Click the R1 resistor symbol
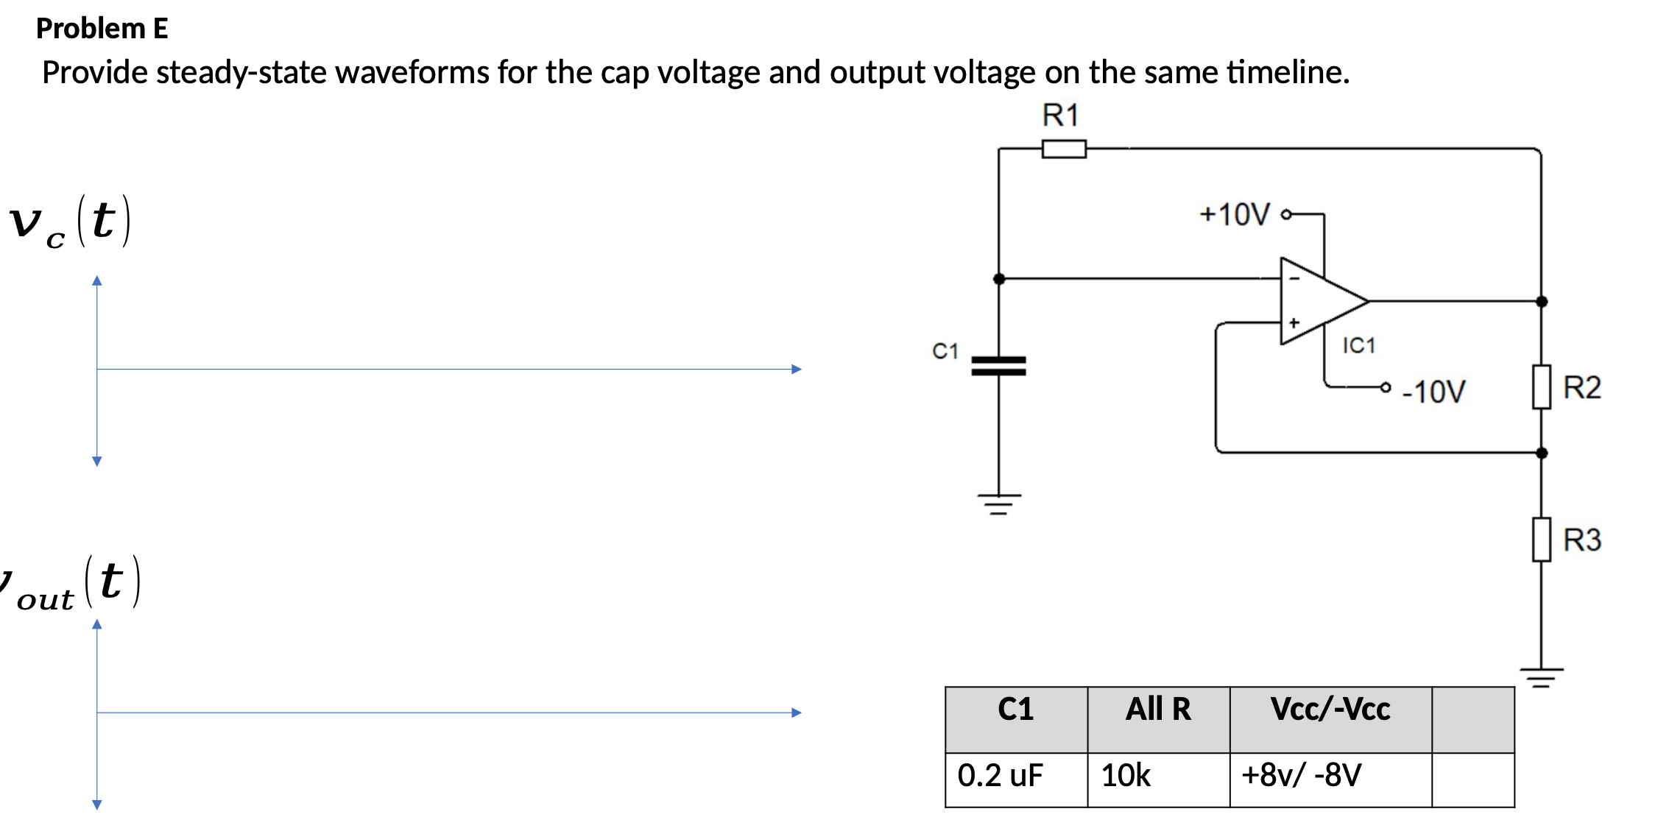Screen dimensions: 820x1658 [x=1064, y=149]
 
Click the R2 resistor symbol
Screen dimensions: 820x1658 [x=1541, y=386]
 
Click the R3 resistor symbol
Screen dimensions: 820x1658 [x=1541, y=540]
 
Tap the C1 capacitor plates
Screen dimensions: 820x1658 [x=998, y=366]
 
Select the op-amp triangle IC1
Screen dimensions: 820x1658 [x=1318, y=301]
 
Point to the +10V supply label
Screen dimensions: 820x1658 [x=1235, y=214]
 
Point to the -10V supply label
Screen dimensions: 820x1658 [x=1433, y=392]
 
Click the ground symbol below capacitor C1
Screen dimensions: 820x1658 [x=999, y=504]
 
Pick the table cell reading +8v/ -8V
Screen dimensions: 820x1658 [x=1301, y=775]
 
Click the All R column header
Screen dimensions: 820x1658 [x=1158, y=709]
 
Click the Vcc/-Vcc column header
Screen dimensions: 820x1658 [x=1330, y=709]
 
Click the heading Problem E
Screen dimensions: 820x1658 [x=102, y=29]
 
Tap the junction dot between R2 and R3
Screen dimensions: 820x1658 [x=1542, y=453]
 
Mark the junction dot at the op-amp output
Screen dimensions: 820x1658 [x=1542, y=301]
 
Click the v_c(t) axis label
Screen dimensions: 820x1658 [x=70, y=221]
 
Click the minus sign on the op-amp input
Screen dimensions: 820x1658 [x=1294, y=278]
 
